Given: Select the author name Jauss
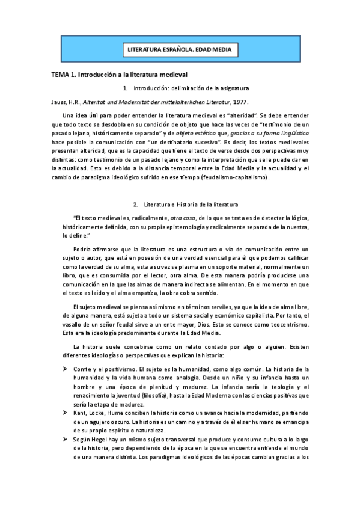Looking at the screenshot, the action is point(58,102).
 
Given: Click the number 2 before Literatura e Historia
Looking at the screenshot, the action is point(137,205).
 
